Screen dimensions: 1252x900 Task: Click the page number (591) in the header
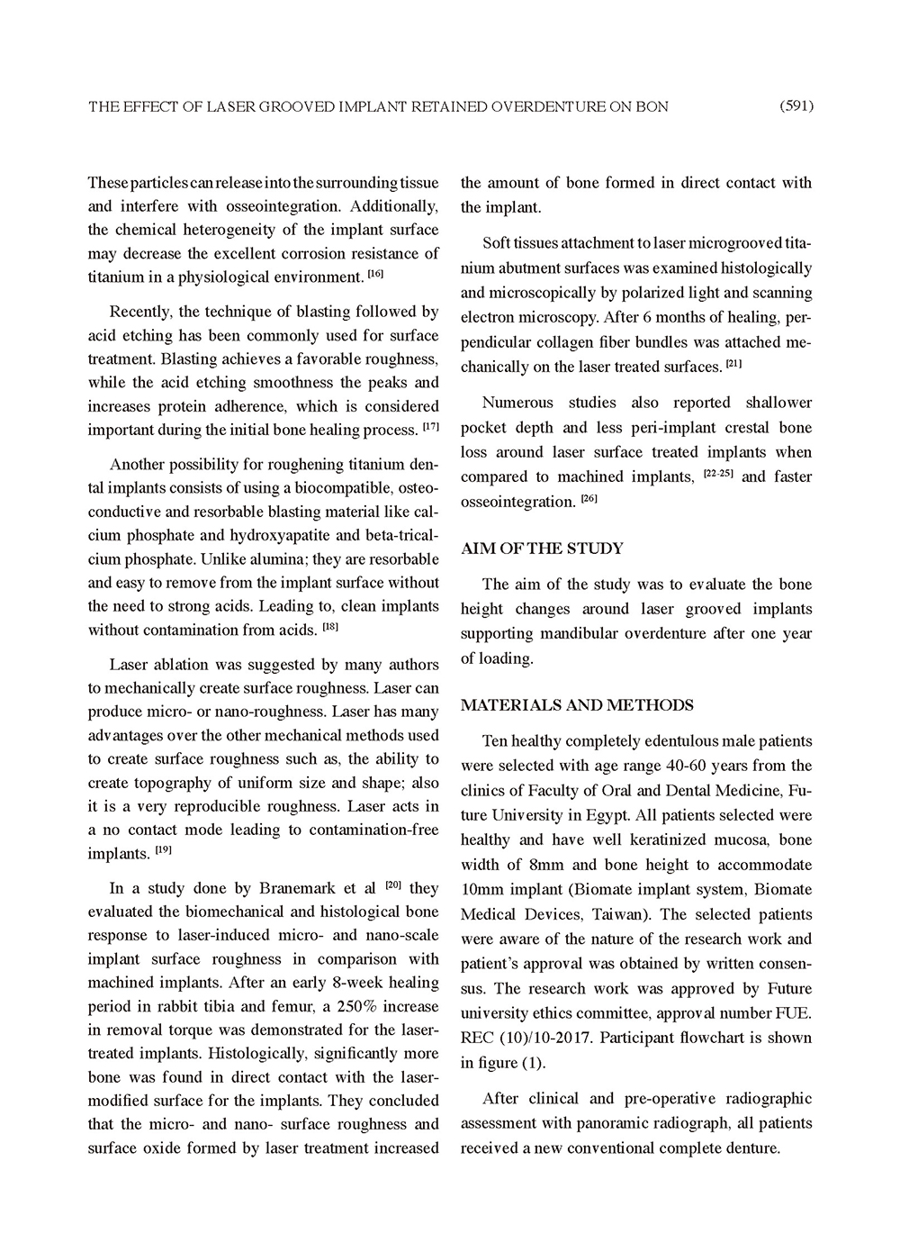coord(796,106)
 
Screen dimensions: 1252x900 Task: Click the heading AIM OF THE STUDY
coord(542,549)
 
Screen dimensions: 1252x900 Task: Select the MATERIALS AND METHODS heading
coord(577,705)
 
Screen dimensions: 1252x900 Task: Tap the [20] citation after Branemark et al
coord(392,885)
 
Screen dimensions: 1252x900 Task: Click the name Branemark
coord(281,888)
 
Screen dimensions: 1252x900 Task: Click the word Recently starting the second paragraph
coord(139,312)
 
